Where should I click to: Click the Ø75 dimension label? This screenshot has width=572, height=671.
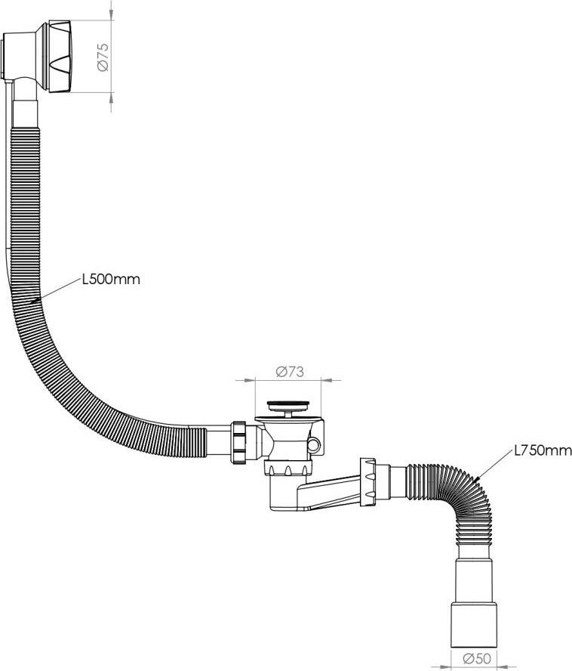click(103, 57)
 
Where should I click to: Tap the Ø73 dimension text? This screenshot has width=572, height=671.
click(290, 372)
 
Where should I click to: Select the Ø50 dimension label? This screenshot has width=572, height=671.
click(477, 657)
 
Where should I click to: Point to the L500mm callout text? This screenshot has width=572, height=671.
click(111, 280)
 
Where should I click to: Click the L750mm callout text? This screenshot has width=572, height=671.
click(543, 450)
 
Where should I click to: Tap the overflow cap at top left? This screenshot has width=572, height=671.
click(60, 56)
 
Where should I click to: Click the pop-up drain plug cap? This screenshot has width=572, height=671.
click(288, 404)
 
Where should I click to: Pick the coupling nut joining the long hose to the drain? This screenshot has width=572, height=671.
click(238, 443)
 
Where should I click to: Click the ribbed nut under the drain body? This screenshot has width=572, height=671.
click(288, 468)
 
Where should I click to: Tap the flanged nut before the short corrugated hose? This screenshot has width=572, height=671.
click(368, 482)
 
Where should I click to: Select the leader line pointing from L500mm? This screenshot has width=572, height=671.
click(57, 291)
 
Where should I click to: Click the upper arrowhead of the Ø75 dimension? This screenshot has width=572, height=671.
click(111, 14)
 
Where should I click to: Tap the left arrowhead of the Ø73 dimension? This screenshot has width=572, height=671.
click(249, 379)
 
